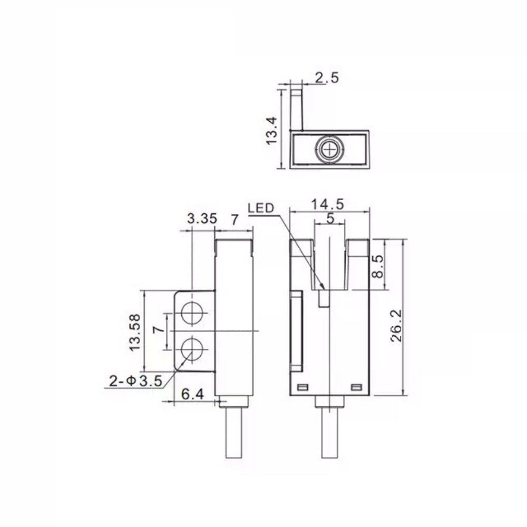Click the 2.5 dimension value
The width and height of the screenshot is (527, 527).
point(327,77)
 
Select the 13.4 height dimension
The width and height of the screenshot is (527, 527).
point(271,130)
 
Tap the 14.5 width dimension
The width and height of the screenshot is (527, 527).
point(327,204)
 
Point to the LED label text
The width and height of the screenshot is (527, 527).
point(261,208)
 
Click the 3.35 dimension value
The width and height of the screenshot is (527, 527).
point(202,219)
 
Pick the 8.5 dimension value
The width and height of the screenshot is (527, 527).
point(378,266)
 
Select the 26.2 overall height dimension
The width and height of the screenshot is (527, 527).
point(396,326)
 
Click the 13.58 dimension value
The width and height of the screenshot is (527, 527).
point(135,333)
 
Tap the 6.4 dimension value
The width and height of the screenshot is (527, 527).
point(192,394)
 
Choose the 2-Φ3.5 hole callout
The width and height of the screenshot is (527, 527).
point(136,381)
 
